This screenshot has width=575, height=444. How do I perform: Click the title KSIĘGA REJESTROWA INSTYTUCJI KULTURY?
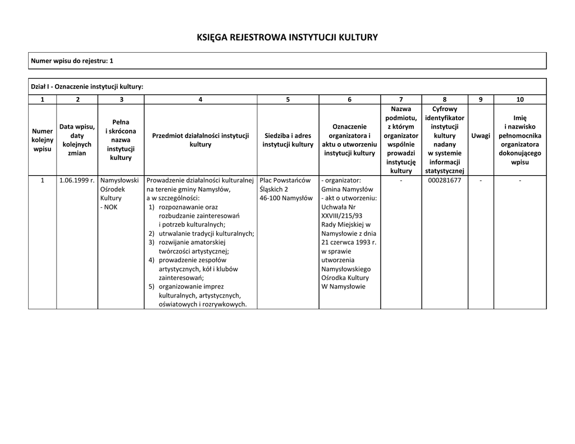(x=287, y=38)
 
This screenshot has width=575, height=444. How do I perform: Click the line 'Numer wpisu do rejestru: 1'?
(x=72, y=61)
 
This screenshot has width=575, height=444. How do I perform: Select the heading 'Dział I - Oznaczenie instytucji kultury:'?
(x=87, y=86)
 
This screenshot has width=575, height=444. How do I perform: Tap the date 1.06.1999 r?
(x=77, y=180)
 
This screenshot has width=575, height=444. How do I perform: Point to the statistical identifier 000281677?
(x=444, y=180)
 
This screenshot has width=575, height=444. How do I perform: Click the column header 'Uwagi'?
(x=480, y=136)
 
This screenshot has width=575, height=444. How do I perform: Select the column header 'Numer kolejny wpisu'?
(x=42, y=140)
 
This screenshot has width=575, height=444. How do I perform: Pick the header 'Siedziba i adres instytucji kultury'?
(x=287, y=140)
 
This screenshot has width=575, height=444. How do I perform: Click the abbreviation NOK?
(x=109, y=207)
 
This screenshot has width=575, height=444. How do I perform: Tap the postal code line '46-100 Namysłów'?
(x=286, y=198)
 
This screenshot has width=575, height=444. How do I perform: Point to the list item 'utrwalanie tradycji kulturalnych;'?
(x=206, y=233)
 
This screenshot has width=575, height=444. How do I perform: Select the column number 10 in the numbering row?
(x=519, y=99)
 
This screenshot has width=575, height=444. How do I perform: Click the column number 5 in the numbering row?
(x=287, y=99)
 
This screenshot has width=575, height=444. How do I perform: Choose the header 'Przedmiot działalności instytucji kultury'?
(x=200, y=140)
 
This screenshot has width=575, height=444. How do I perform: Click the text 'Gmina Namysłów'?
(x=343, y=189)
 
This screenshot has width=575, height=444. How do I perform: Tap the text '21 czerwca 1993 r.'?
(x=349, y=242)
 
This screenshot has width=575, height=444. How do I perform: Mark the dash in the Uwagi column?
(x=480, y=180)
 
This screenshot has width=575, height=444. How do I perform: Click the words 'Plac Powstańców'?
(x=285, y=180)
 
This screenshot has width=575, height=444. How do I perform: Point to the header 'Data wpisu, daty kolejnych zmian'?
(x=77, y=140)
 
